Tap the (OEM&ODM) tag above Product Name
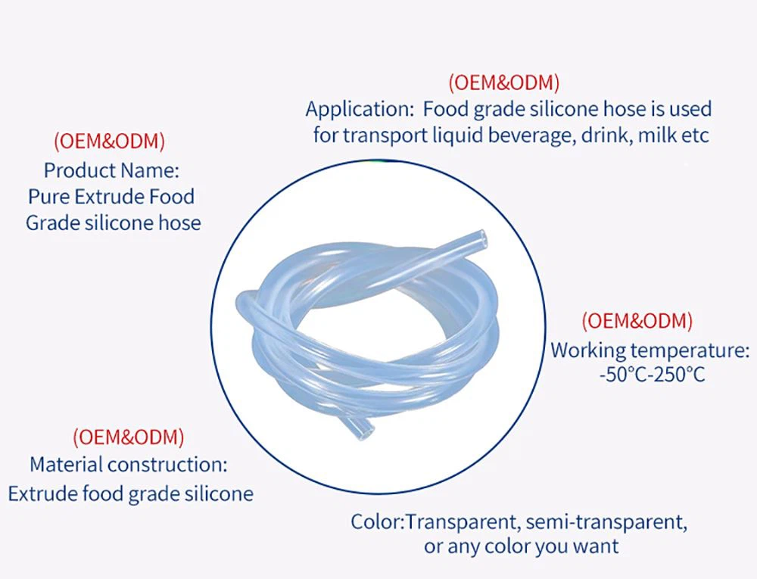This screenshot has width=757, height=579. (109, 141)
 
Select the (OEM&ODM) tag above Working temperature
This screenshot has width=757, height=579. (637, 321)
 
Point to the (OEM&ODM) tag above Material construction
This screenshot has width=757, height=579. (128, 437)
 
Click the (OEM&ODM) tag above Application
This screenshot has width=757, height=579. (504, 82)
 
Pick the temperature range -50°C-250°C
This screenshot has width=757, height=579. (651, 375)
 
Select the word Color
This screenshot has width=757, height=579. (376, 521)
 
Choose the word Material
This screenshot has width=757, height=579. (67, 464)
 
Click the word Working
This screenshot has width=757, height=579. (587, 350)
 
